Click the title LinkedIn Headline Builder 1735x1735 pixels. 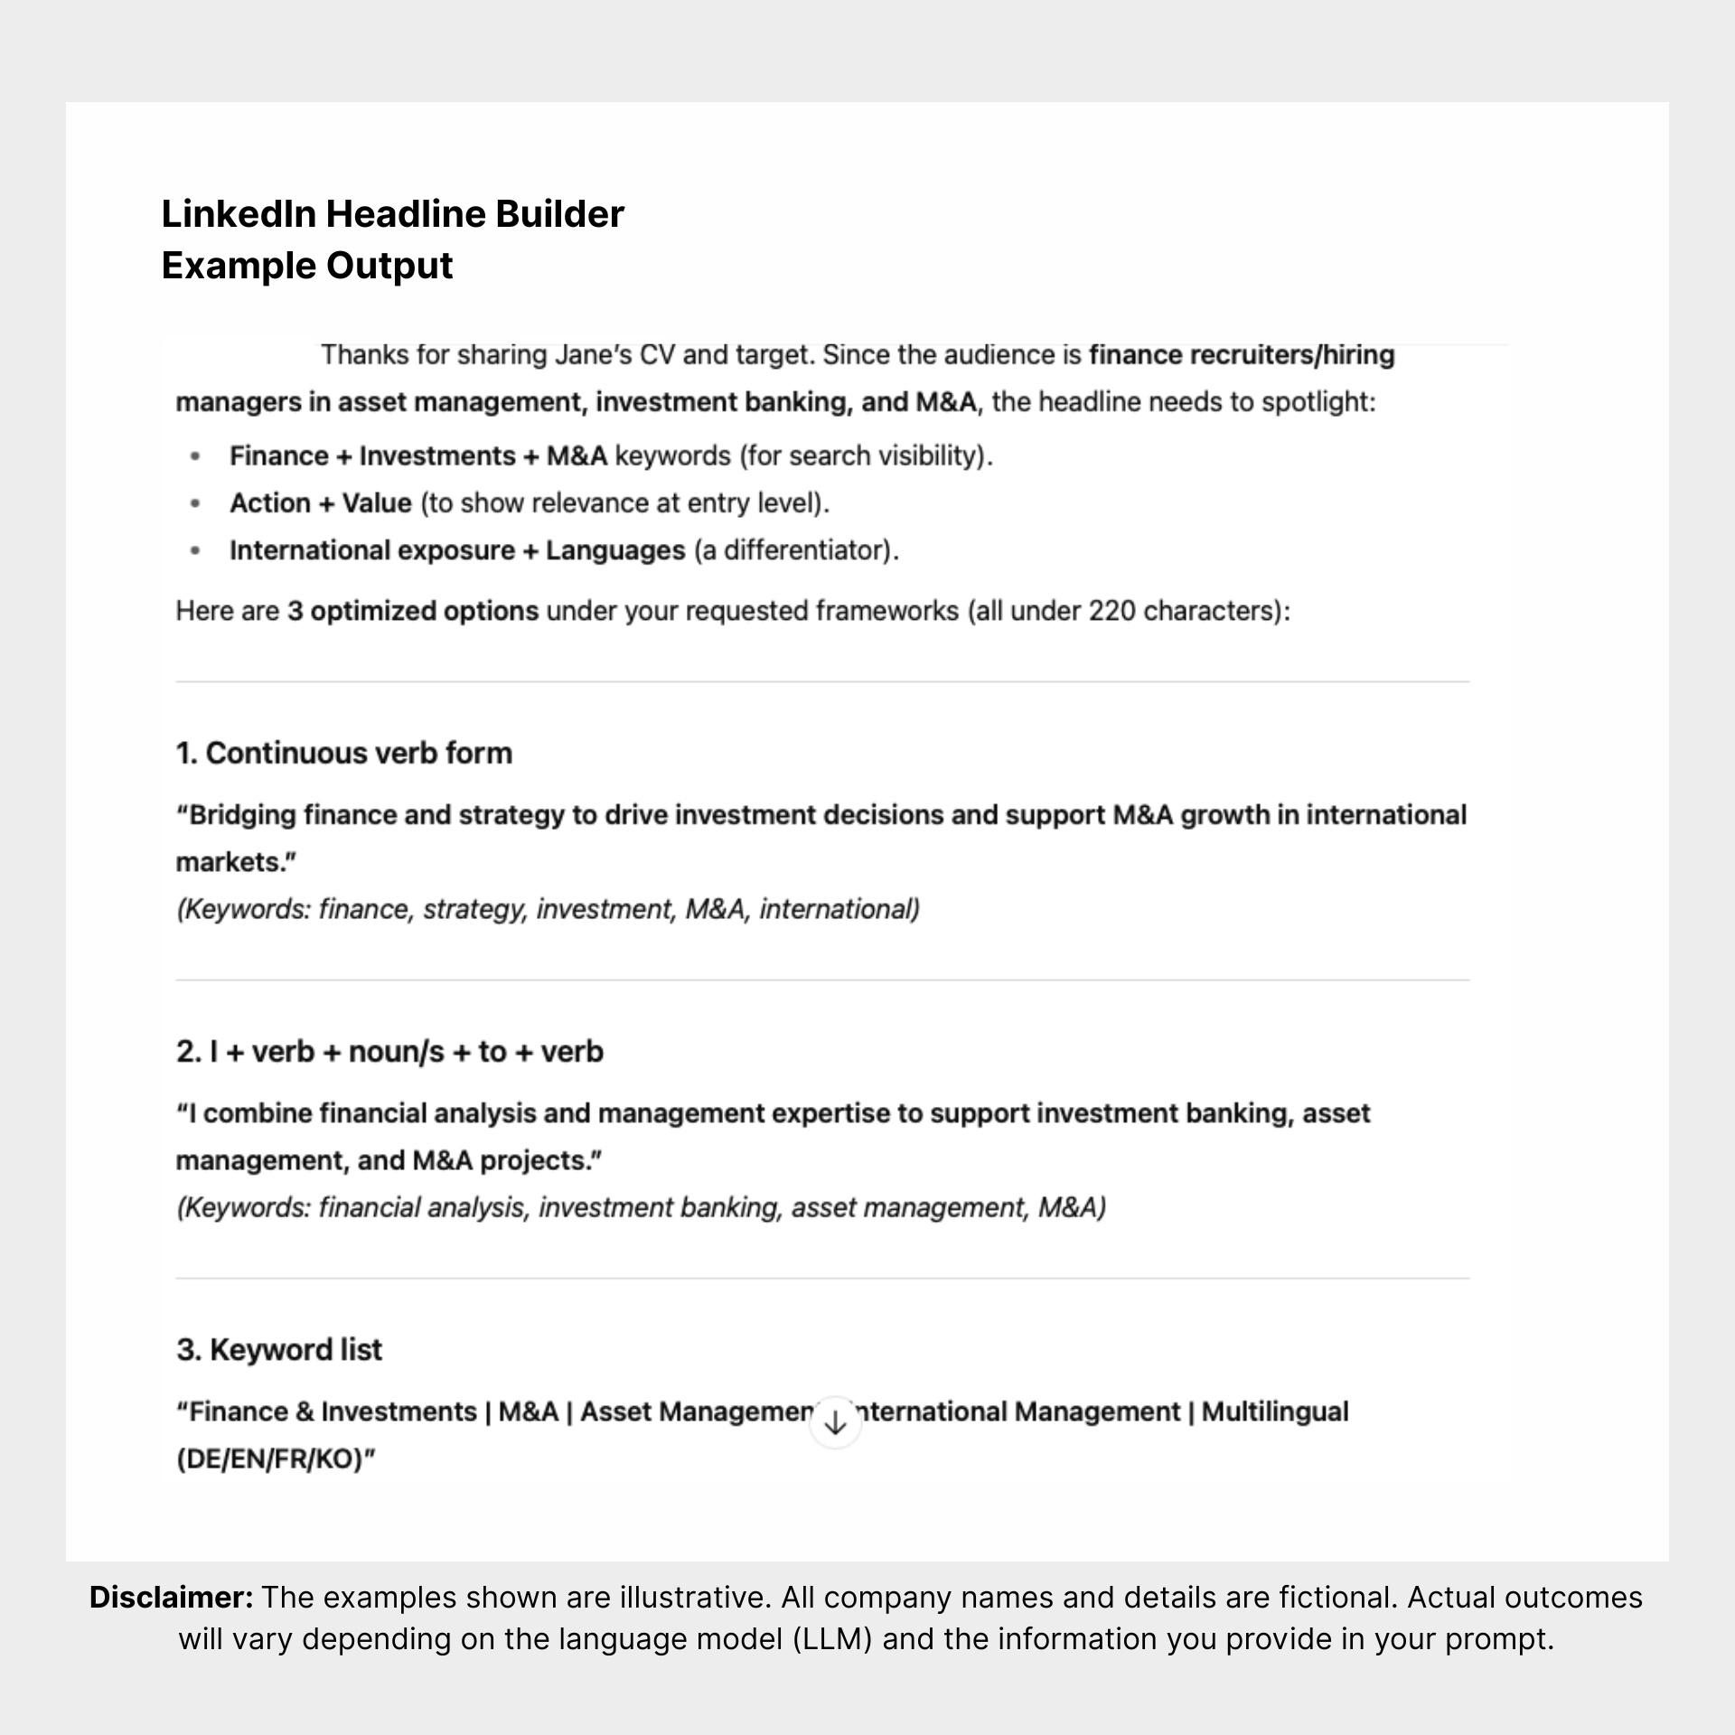click(x=392, y=214)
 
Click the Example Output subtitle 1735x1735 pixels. click(x=307, y=266)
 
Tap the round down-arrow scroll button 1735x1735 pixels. click(x=835, y=1423)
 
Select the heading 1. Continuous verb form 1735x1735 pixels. click(x=343, y=753)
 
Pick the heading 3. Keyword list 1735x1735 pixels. click(x=279, y=1349)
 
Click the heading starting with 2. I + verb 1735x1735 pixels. click(x=389, y=1051)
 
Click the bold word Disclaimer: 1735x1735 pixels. click(x=171, y=1597)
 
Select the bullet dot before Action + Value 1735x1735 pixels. click(x=195, y=503)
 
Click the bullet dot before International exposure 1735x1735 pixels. click(x=195, y=550)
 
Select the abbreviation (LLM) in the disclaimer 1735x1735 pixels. click(x=831, y=1638)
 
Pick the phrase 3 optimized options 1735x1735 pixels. click(x=413, y=611)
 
